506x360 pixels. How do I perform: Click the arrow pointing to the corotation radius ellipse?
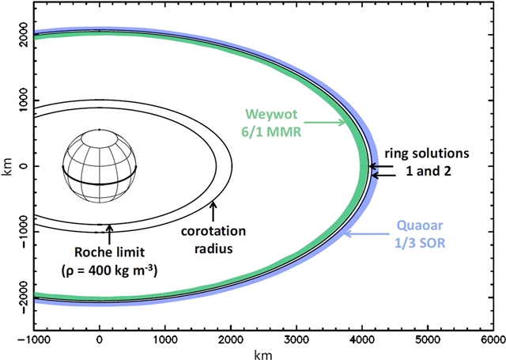coord(212,211)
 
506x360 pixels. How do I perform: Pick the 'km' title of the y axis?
coord(6,167)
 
